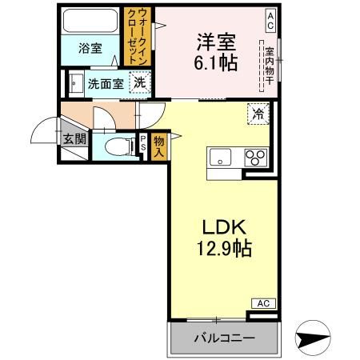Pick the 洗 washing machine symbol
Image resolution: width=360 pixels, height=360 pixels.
tap(140, 82)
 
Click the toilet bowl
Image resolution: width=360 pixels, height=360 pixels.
tap(117, 146)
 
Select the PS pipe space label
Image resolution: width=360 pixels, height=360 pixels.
tap(142, 142)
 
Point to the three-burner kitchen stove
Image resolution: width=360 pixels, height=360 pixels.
tap(255, 156)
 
